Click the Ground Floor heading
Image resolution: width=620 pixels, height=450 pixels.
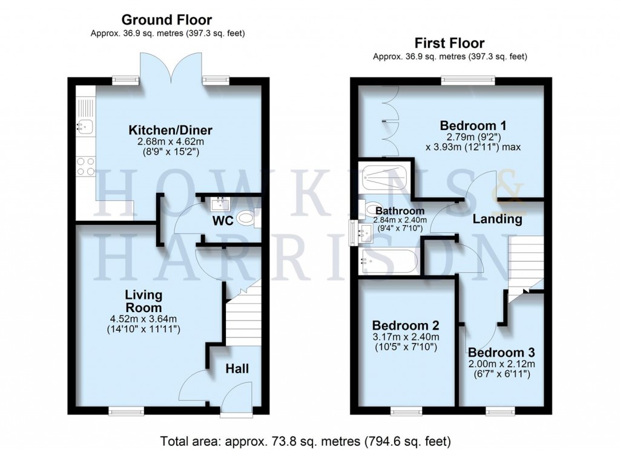167,21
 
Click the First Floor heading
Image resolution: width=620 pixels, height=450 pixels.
449,43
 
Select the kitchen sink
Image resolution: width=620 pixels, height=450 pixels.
84,126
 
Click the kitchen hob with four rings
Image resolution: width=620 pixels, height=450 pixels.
85,166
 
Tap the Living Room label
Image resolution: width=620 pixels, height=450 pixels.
143,301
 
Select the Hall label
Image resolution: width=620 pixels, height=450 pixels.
237,368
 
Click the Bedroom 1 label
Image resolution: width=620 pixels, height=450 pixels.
473,126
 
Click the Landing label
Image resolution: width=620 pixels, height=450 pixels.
498,219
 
